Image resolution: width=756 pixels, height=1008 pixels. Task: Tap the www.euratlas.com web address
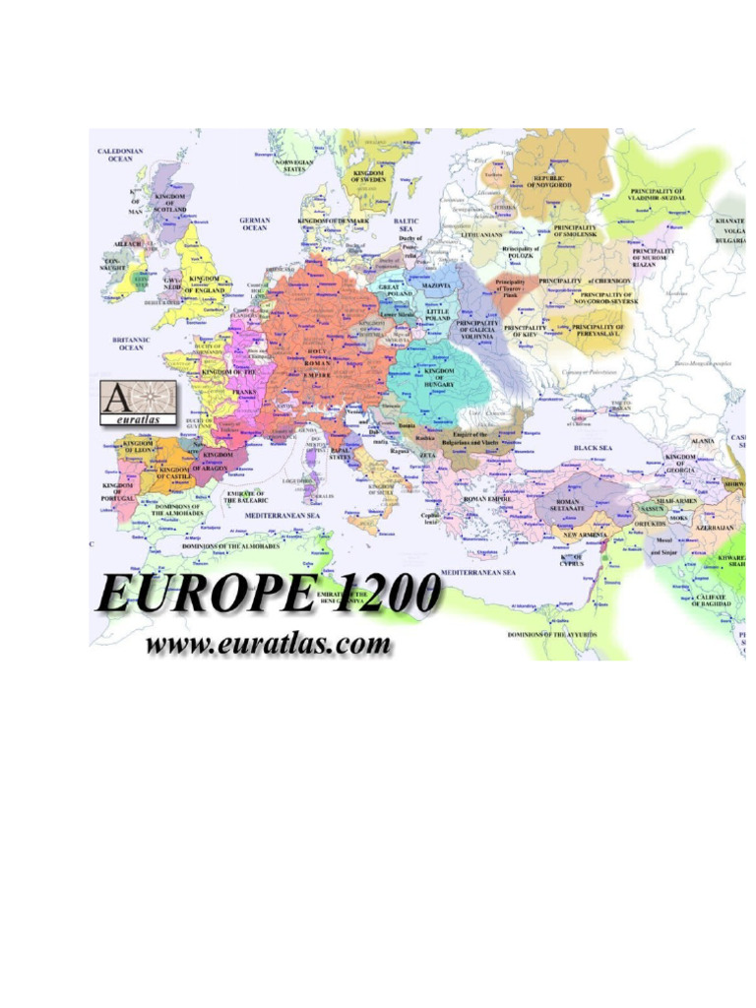pyautogui.click(x=269, y=646)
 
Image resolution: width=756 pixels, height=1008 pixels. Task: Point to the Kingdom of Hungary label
pyautogui.click(x=438, y=377)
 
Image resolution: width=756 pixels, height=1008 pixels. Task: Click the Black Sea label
pyautogui.click(x=594, y=448)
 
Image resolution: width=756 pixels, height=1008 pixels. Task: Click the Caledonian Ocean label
pyautogui.click(x=120, y=156)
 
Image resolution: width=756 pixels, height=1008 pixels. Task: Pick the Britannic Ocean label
pyautogui.click(x=131, y=343)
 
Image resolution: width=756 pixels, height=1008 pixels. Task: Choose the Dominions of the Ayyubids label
pyautogui.click(x=551, y=635)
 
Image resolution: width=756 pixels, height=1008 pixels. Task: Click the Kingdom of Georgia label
pyautogui.click(x=680, y=463)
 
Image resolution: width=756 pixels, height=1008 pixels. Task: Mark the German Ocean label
pyautogui.click(x=254, y=224)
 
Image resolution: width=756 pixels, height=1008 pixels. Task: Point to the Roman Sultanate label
pyautogui.click(x=569, y=505)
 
